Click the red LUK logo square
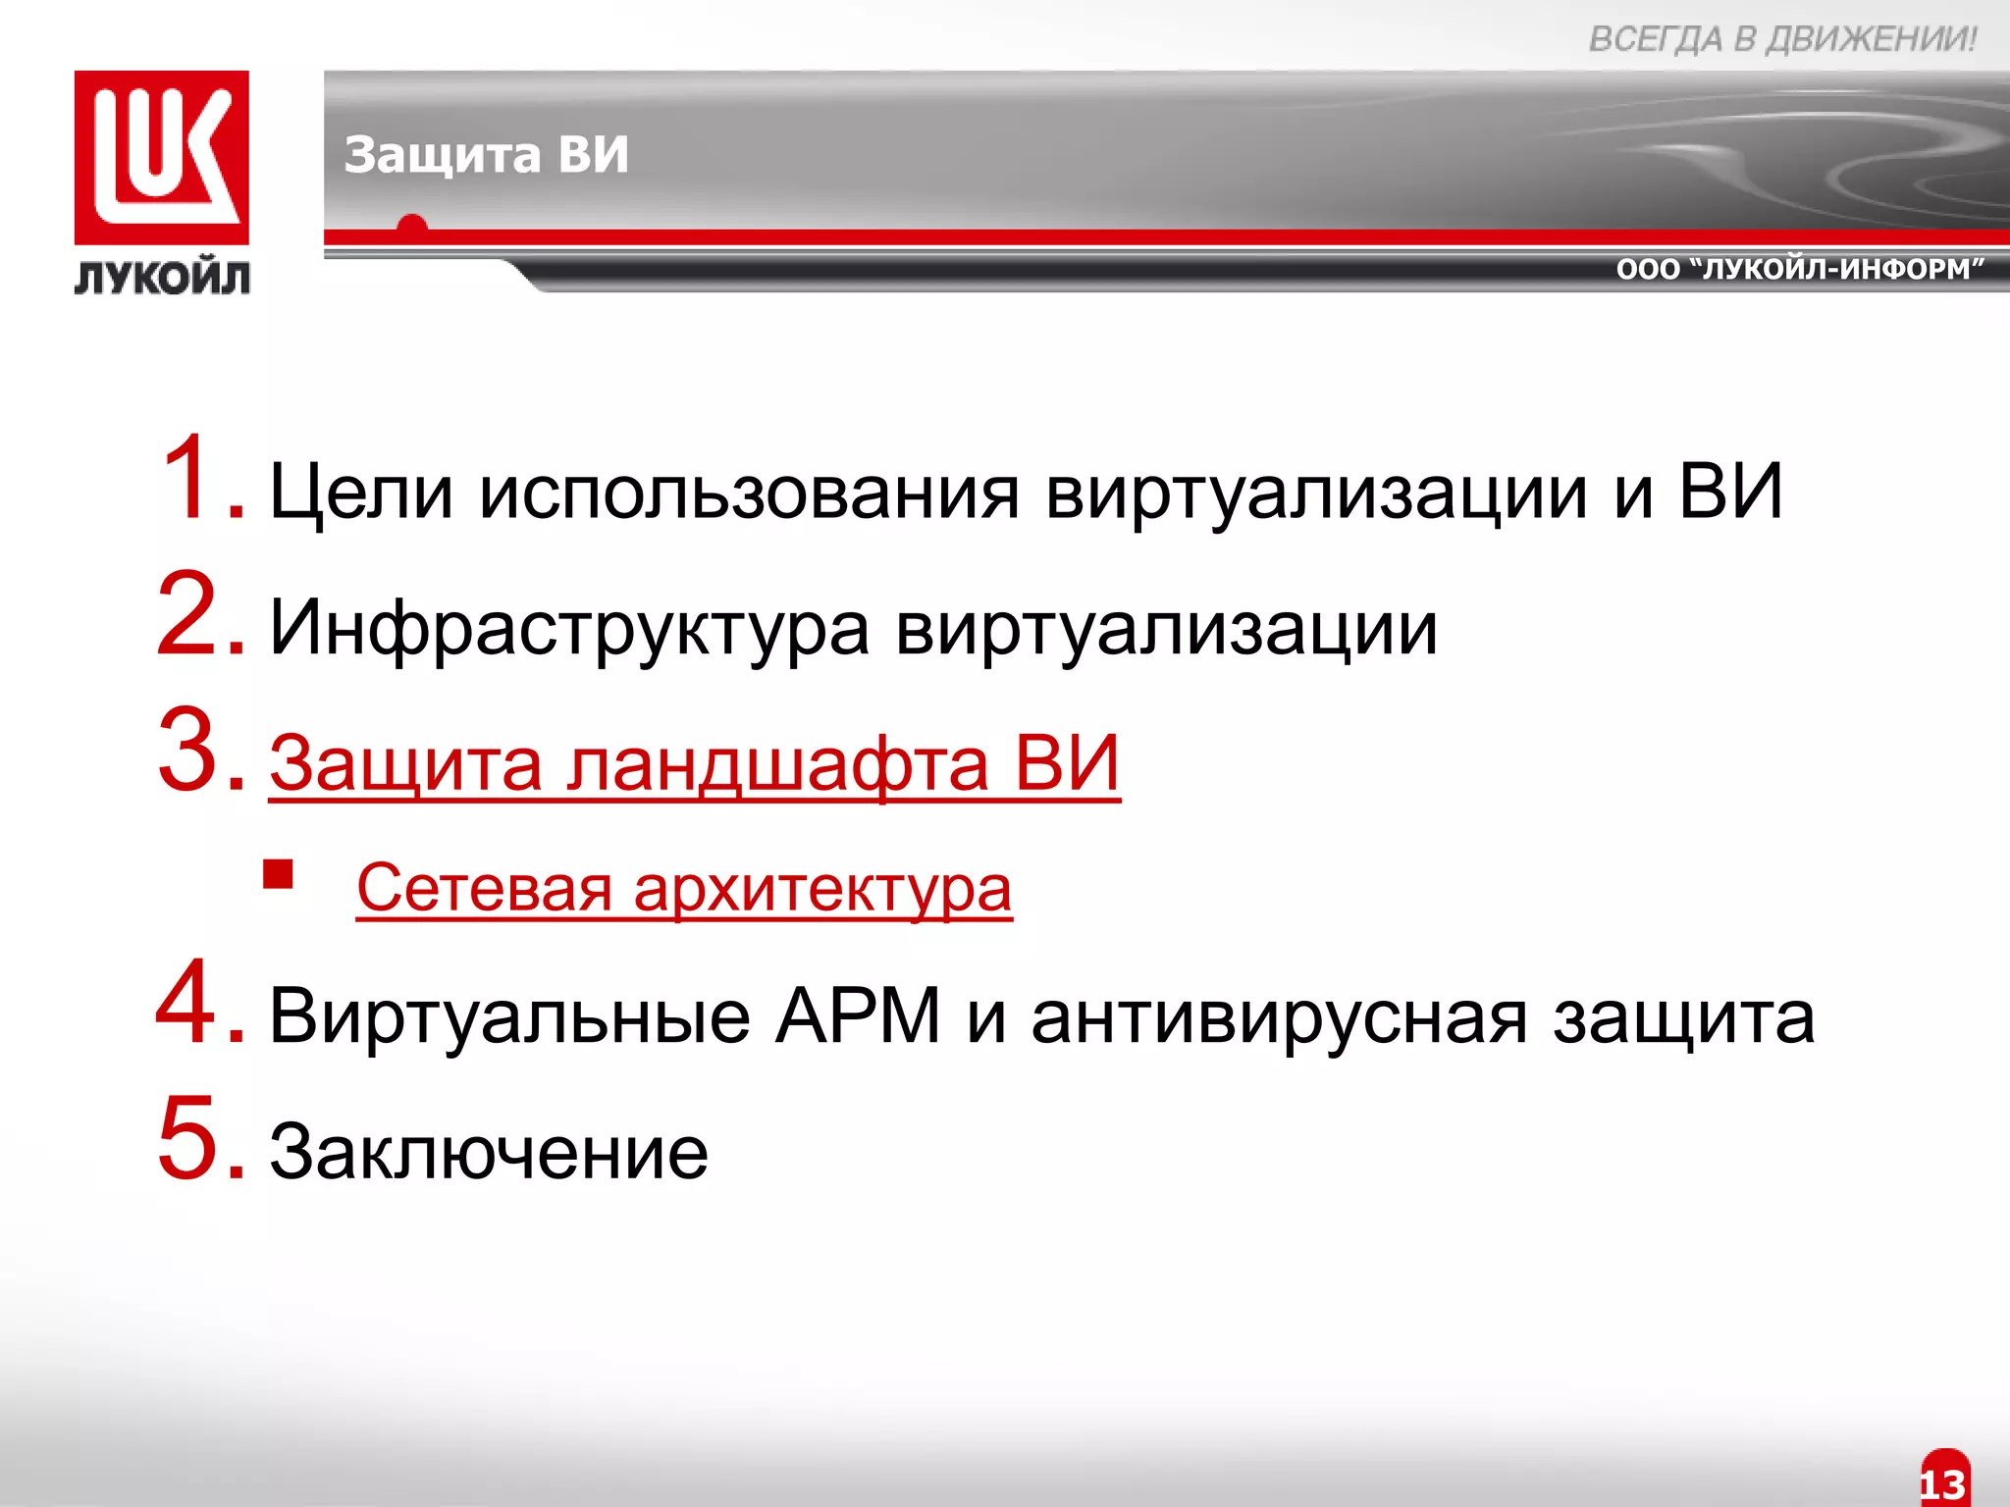pyautogui.click(x=162, y=157)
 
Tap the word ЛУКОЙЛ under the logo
pyautogui.click(x=162, y=279)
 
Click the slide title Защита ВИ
pyautogui.click(x=486, y=155)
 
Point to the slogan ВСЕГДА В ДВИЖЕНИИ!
pyautogui.click(x=1781, y=39)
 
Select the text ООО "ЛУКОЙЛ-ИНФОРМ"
pyautogui.click(x=1800, y=269)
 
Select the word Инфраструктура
pyautogui.click(x=569, y=629)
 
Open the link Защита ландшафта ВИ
pyautogui.click(x=694, y=764)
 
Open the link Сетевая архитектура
pyautogui.click(x=683, y=889)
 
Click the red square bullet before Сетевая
pyautogui.click(x=279, y=873)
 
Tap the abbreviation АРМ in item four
pyautogui.click(x=858, y=1016)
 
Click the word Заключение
pyautogui.click(x=488, y=1152)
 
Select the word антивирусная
pyautogui.click(x=1279, y=1016)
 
